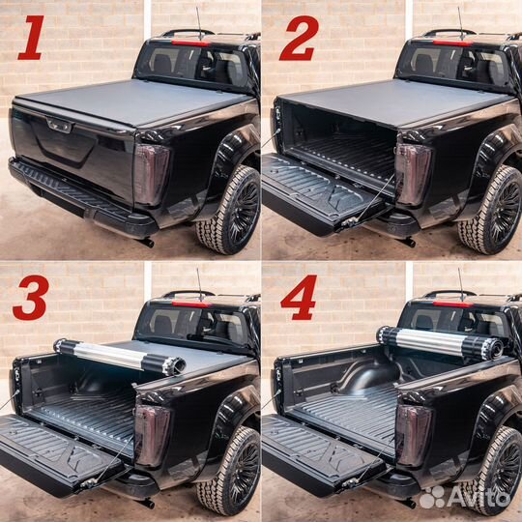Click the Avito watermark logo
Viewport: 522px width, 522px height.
click(464, 497)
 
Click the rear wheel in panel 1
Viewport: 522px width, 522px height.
click(230, 208)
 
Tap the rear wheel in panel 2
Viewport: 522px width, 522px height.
click(493, 208)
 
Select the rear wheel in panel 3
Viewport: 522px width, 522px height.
click(230, 470)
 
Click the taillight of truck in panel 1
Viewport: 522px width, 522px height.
click(152, 175)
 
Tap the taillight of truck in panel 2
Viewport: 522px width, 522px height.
click(413, 175)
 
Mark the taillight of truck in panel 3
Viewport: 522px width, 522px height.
click(152, 436)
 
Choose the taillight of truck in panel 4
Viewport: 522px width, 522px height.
click(413, 436)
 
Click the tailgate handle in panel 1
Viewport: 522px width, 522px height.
click(59, 125)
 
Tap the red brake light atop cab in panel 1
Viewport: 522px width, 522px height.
click(191, 43)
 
